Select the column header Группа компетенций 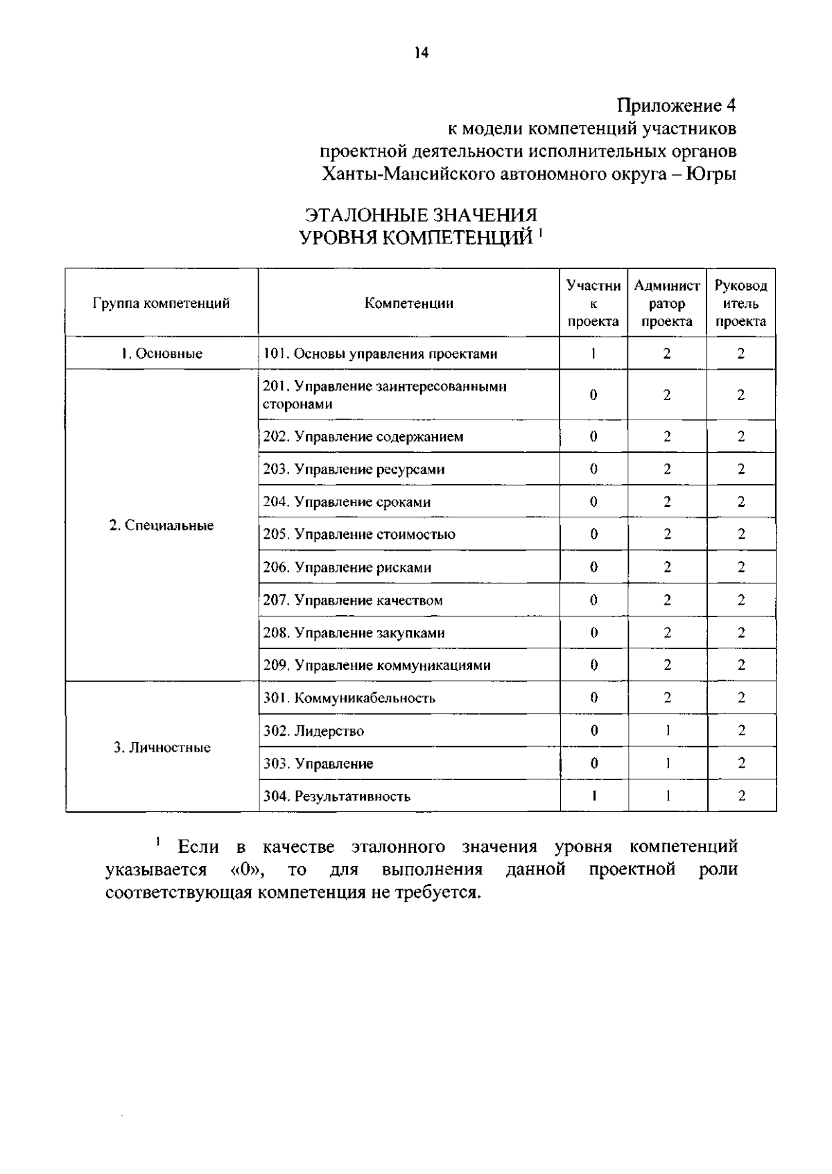(162, 303)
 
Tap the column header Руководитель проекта (740, 303)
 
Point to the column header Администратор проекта (666, 303)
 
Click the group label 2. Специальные (162, 526)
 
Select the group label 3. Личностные (162, 748)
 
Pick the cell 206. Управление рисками (347, 567)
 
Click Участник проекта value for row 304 (594, 796)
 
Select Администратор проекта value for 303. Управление (667, 763)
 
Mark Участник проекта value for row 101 (593, 354)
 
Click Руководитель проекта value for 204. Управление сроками (741, 502)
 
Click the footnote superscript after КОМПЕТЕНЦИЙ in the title (539, 234)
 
